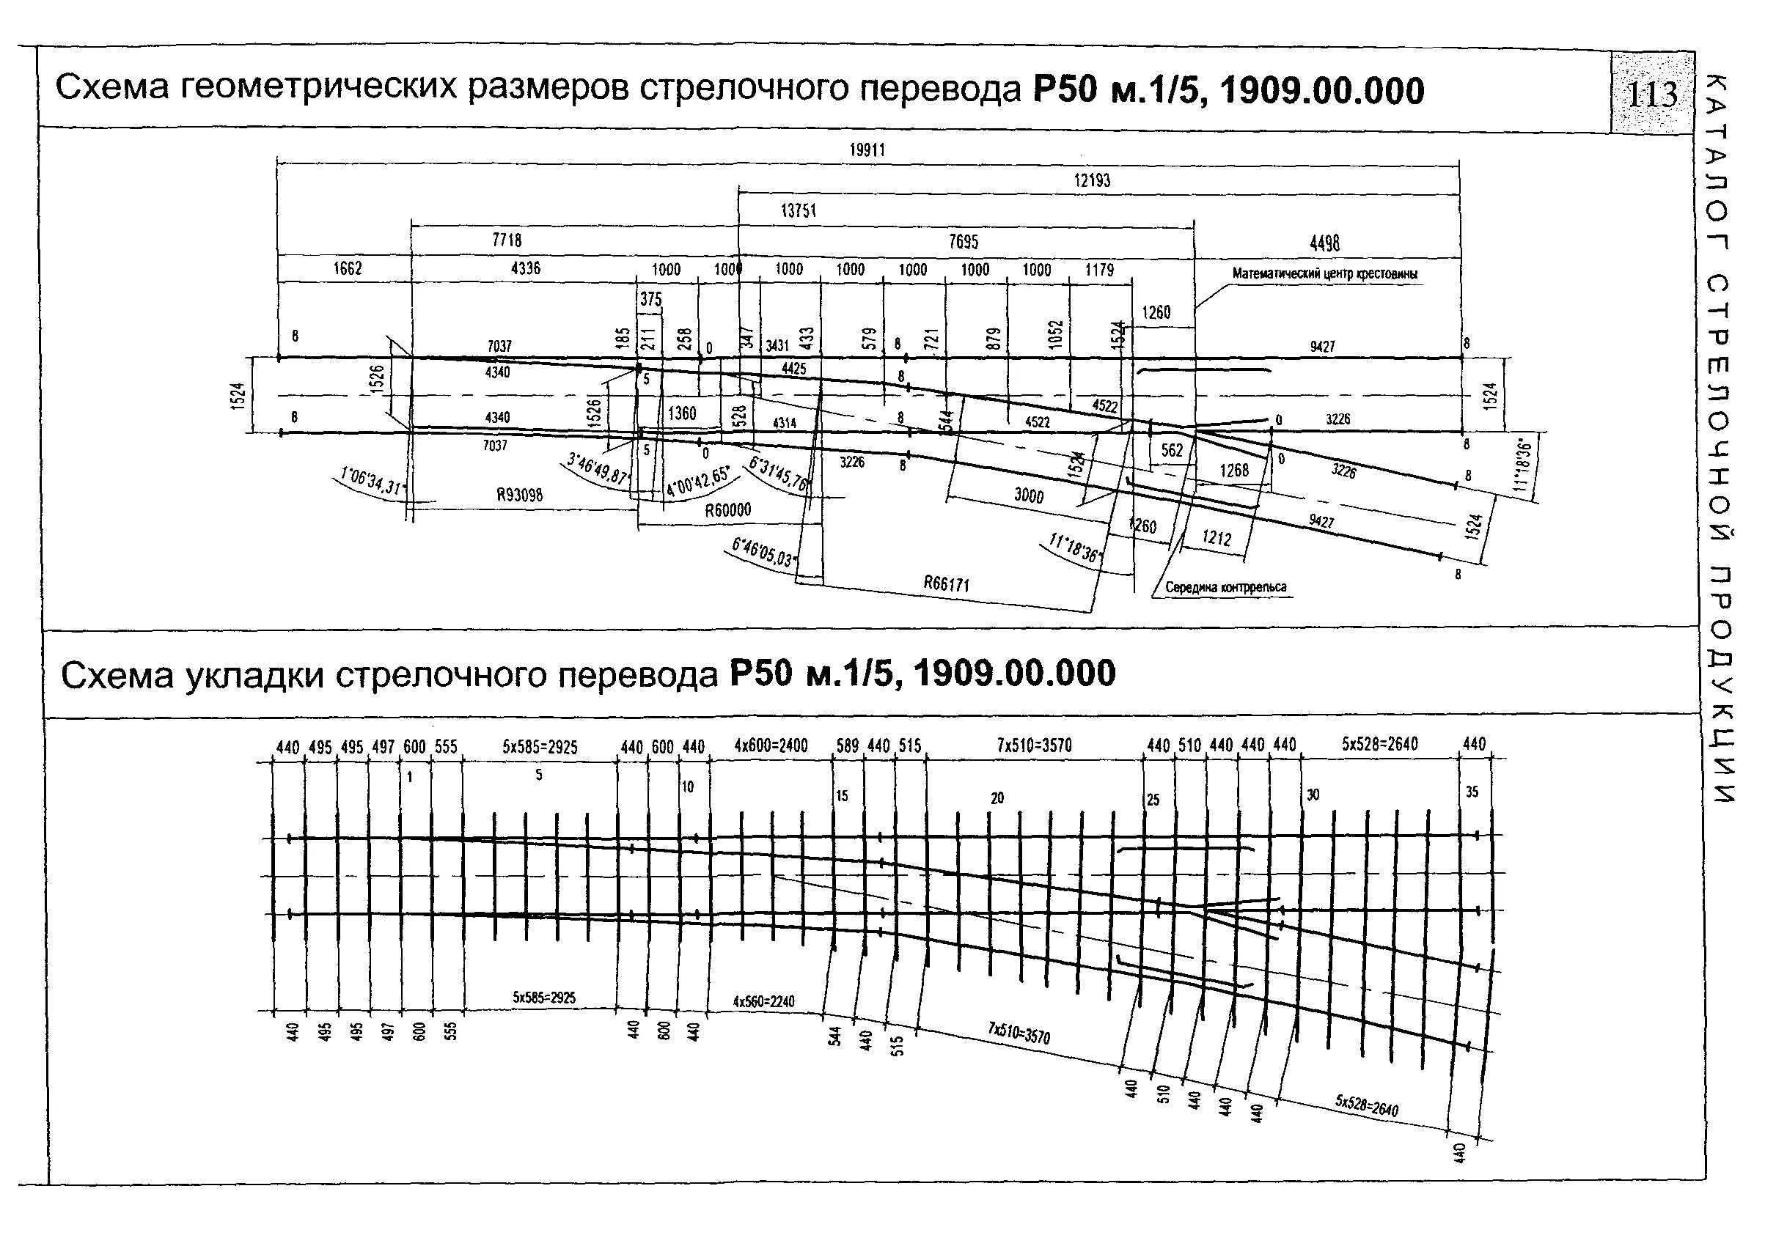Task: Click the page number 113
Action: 1652,95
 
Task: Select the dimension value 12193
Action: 1091,180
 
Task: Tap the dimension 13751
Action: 799,210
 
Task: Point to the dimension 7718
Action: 507,240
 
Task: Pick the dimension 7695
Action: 963,241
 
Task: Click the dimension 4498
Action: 1325,243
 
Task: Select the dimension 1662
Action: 348,268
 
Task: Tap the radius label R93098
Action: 519,495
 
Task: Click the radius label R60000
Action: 728,510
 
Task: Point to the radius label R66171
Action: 946,583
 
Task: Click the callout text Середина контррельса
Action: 1226,588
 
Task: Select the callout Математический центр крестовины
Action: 1324,273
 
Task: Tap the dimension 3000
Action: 1029,495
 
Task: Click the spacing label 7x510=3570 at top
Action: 1033,745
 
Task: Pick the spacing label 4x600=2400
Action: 771,745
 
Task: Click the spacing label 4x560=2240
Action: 763,1001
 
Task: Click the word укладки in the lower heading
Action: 257,675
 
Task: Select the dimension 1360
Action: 681,413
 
